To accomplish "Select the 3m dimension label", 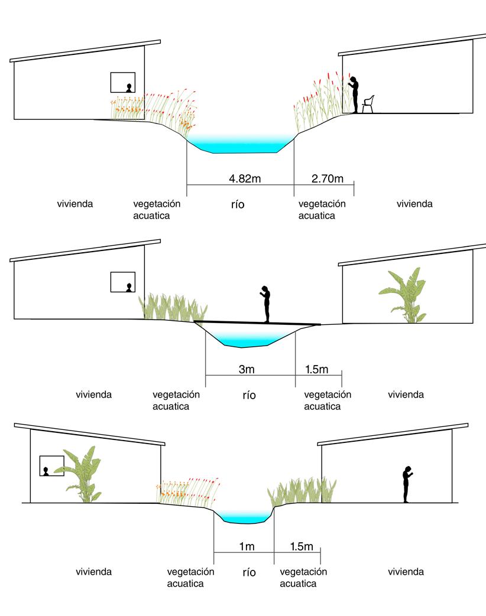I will tap(247, 370).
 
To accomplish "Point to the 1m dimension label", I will tap(247, 547).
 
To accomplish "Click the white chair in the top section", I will tap(368, 103).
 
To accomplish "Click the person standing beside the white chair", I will tap(354, 94).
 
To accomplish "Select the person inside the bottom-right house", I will tap(407, 484).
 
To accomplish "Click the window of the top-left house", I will tap(123, 83).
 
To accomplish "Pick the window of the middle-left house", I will tap(123, 282).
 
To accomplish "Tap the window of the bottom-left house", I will tap(51, 466).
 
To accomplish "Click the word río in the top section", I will tap(238, 205).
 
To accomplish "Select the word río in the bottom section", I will tap(250, 572).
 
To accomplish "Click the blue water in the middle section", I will tap(248, 338).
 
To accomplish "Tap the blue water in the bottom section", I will tap(244, 517).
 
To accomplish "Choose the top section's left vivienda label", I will tap(75, 204).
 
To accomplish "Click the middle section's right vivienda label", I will tap(406, 395).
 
